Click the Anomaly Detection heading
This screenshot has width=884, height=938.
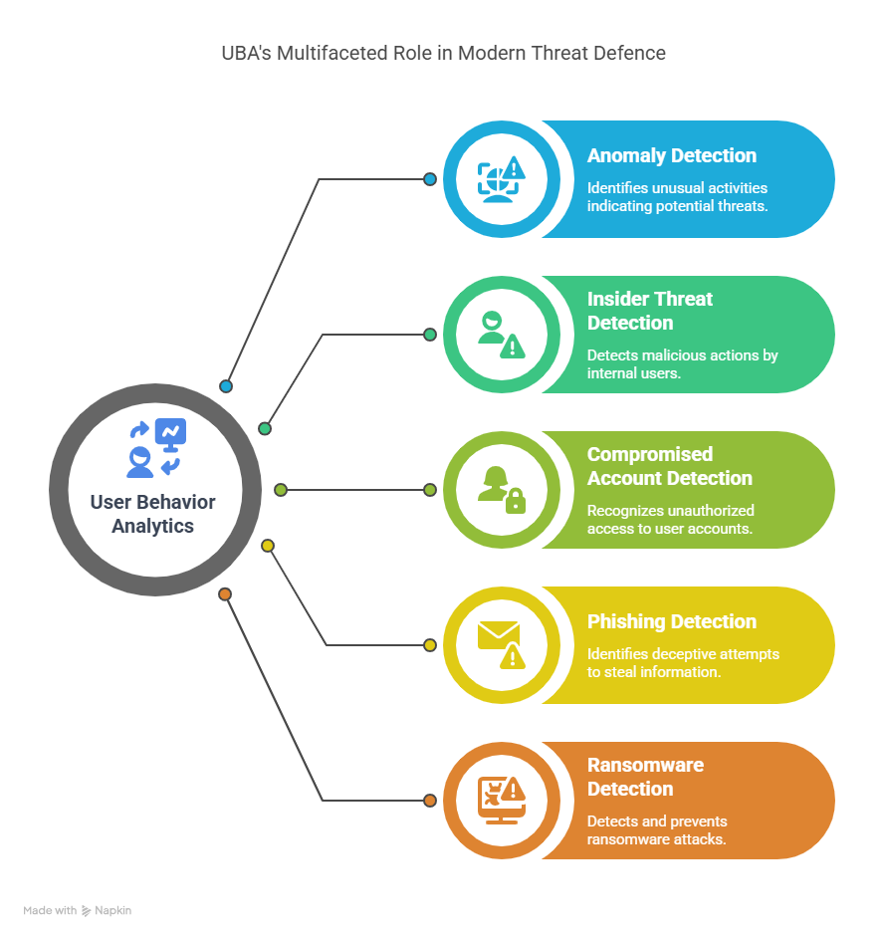coord(671,155)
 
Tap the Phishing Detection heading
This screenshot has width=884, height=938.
coord(671,621)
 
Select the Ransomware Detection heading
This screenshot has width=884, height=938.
coord(645,777)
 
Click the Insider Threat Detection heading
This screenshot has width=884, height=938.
coord(650,311)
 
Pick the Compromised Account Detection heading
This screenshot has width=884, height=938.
coord(669,466)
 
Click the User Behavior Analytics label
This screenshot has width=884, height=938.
coord(152,514)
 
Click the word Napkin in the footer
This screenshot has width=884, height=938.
coord(113,910)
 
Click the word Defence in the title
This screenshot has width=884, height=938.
coord(630,53)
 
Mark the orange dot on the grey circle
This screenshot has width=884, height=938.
coord(225,594)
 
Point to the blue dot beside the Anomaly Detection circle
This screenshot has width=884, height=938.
coord(430,179)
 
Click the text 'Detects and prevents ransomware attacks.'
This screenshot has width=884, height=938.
coord(657,830)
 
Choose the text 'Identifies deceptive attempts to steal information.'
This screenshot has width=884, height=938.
coord(683,663)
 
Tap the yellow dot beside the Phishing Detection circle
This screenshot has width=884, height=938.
coord(430,645)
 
